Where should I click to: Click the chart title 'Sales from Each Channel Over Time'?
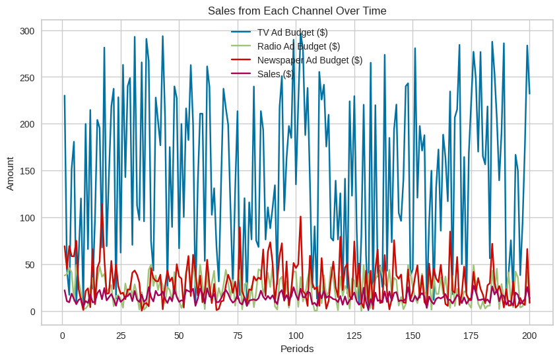click(x=297, y=11)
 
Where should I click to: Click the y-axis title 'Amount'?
click(x=10, y=173)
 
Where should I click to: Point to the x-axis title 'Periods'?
click(x=297, y=348)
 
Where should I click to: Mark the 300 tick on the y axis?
click(x=28, y=31)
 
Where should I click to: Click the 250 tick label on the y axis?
click(x=28, y=77)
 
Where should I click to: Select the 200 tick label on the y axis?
click(x=28, y=124)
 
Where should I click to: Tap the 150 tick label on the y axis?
click(x=28, y=171)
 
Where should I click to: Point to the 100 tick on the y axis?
click(x=28, y=218)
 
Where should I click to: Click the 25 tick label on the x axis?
click(x=121, y=335)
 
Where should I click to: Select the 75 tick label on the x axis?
click(x=238, y=335)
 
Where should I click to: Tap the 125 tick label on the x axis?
click(x=354, y=335)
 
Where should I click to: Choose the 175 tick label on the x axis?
click(x=471, y=335)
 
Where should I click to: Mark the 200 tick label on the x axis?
click(x=529, y=335)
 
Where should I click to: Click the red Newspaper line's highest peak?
click(x=102, y=203)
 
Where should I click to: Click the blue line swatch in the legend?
click(x=241, y=32)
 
